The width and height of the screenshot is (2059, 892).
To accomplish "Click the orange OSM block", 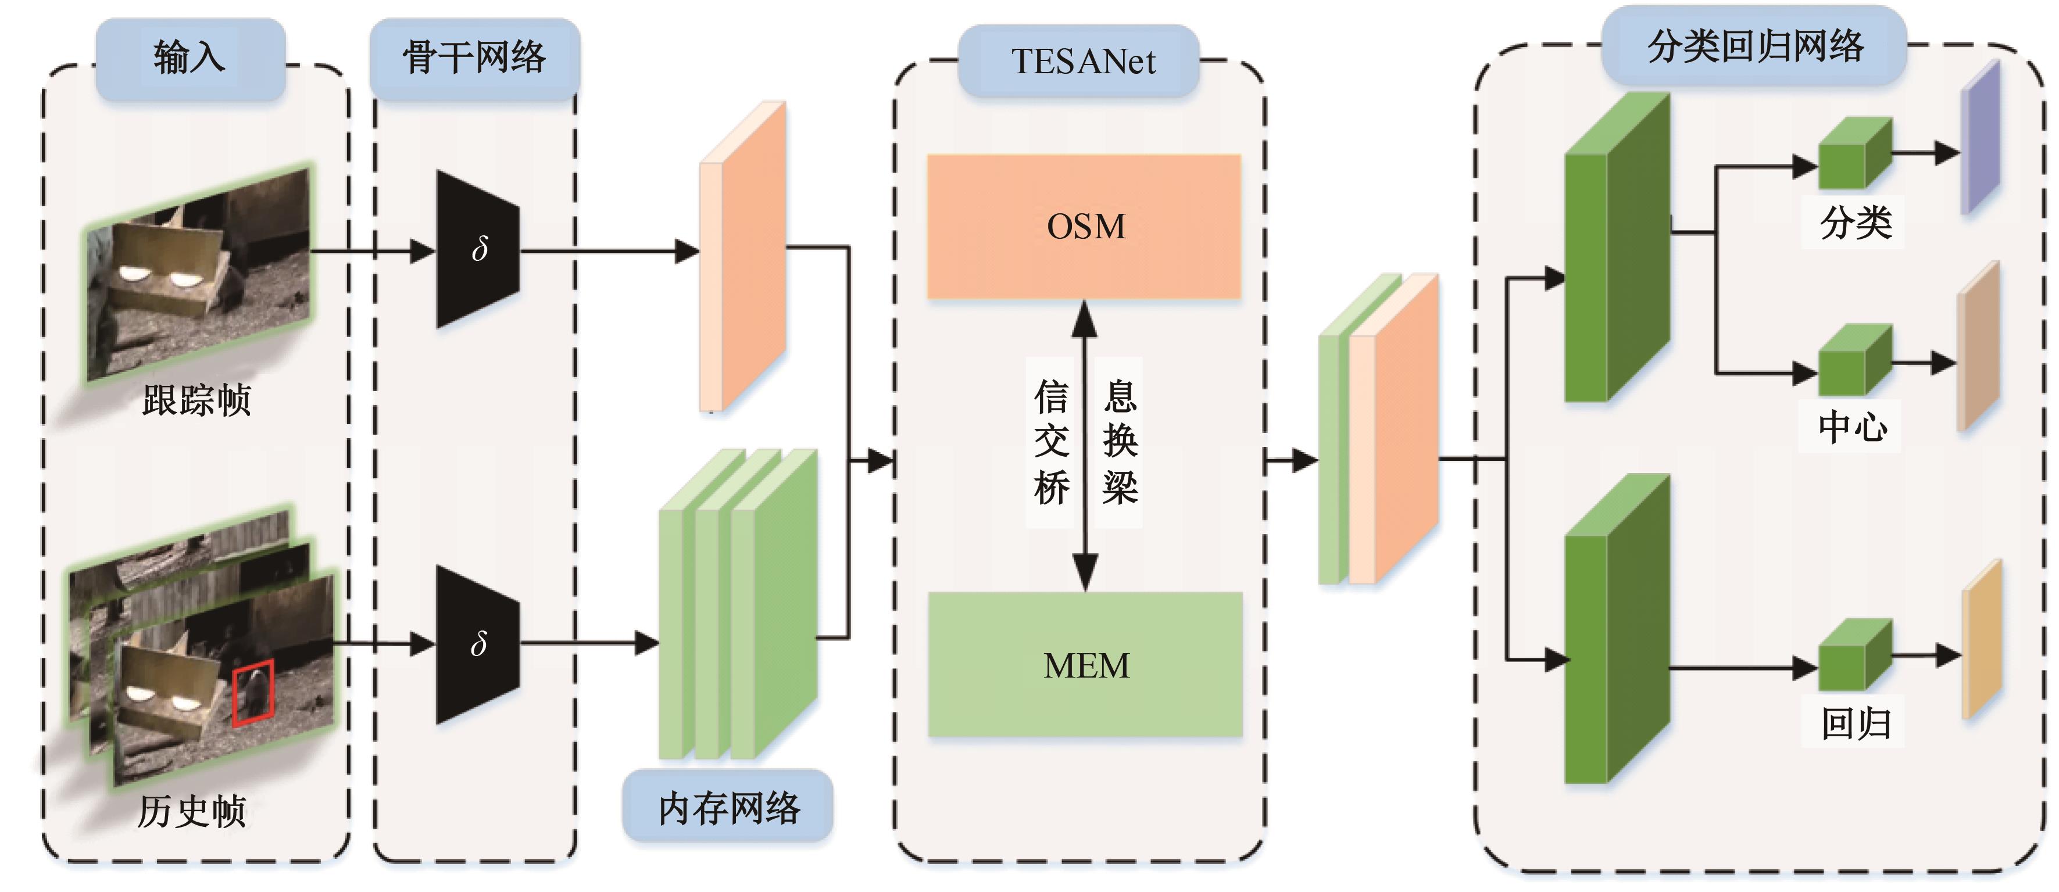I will pyautogui.click(x=1084, y=226).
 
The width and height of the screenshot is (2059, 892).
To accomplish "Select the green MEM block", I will pyautogui.click(x=1085, y=665).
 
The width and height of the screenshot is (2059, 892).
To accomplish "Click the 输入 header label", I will pyautogui.click(x=190, y=58).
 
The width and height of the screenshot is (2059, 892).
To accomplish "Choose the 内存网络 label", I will pyautogui.click(x=728, y=807).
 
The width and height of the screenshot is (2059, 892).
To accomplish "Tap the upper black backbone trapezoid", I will pyautogui.click(x=477, y=249).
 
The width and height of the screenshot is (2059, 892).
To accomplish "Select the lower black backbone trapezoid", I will pyautogui.click(x=477, y=644).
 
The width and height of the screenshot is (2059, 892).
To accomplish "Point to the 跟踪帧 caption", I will pyautogui.click(x=196, y=400).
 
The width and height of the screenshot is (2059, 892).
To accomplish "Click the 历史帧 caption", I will pyautogui.click(x=192, y=811).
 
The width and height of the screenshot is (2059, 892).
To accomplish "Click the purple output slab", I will pyautogui.click(x=1981, y=138).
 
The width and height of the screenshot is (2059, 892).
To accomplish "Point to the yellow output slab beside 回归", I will pyautogui.click(x=1982, y=639).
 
